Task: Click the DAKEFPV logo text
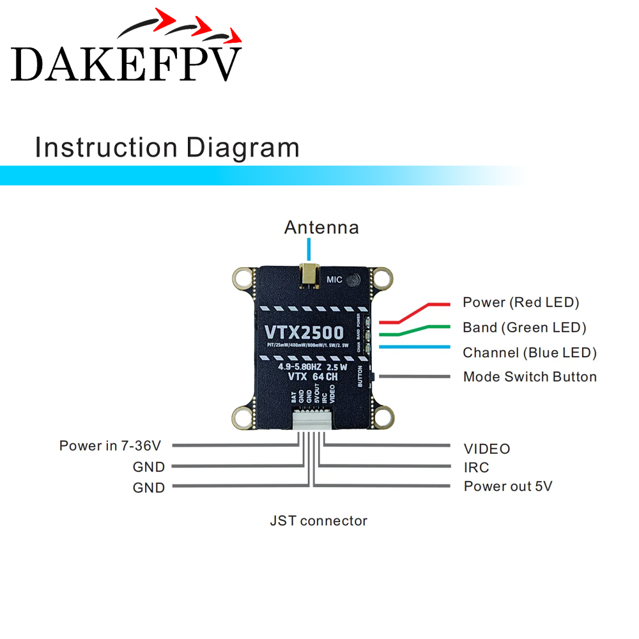127,63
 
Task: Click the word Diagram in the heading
243,147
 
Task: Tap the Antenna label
321,227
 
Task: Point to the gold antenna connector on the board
310,274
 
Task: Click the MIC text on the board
335,279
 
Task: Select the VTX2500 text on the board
304,332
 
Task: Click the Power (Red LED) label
521,302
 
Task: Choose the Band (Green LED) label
525,328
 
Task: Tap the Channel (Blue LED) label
530,353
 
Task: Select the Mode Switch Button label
530,377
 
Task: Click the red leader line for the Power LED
422,311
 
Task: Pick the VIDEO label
487,449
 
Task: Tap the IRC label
476,468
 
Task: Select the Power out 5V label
508,486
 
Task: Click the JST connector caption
318,521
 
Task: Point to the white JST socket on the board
311,420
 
